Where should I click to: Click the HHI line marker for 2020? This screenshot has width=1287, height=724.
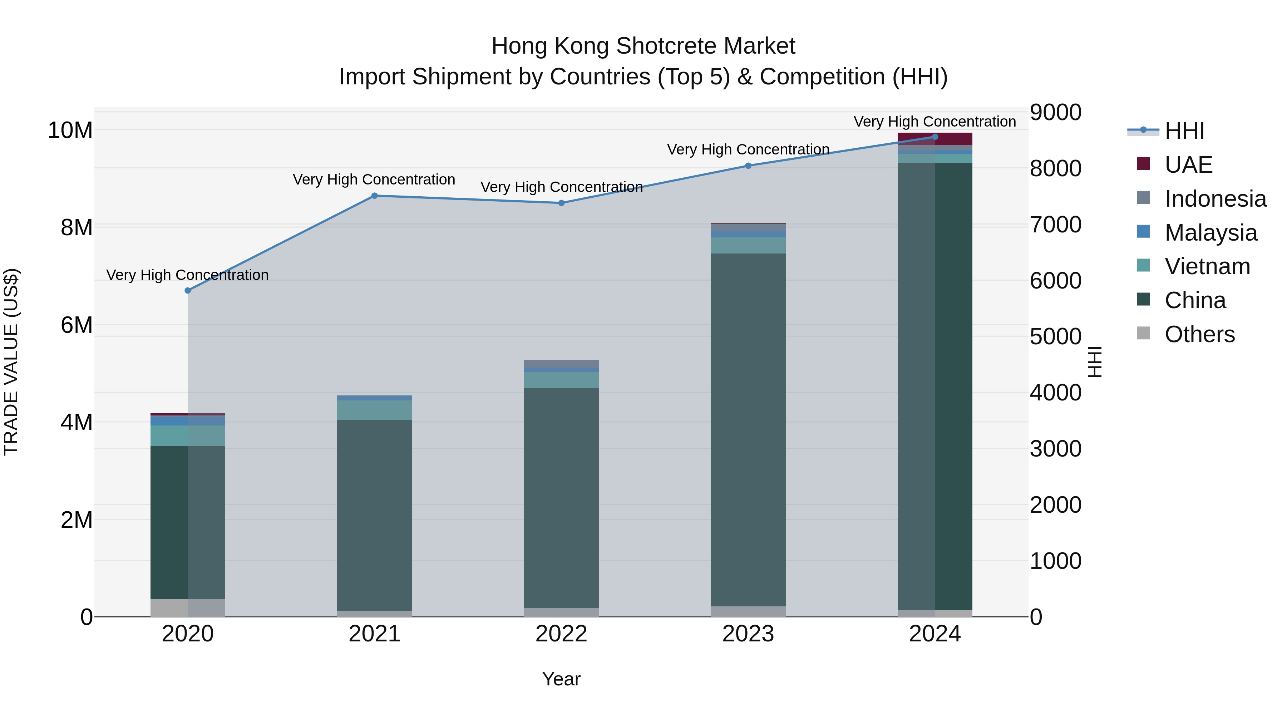[188, 290]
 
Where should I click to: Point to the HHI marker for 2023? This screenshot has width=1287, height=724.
[748, 166]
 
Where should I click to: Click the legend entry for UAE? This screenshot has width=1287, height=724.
[1188, 165]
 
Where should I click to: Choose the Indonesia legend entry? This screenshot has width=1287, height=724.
[1215, 199]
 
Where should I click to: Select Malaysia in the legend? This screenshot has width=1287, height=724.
[1210, 233]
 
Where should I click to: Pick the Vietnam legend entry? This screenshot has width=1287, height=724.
[1207, 266]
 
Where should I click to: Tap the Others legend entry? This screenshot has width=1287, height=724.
[1199, 334]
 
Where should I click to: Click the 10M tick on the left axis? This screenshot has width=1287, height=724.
[70, 130]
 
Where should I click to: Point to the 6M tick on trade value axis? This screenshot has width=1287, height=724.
[77, 325]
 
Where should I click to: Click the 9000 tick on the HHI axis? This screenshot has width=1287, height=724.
[1055, 112]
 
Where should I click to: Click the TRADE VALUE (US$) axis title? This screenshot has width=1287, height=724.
[11, 362]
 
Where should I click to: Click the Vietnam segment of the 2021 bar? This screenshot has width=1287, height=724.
[375, 410]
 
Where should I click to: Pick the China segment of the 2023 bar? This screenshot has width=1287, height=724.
[748, 430]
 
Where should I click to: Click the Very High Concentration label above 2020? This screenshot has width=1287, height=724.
[187, 275]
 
